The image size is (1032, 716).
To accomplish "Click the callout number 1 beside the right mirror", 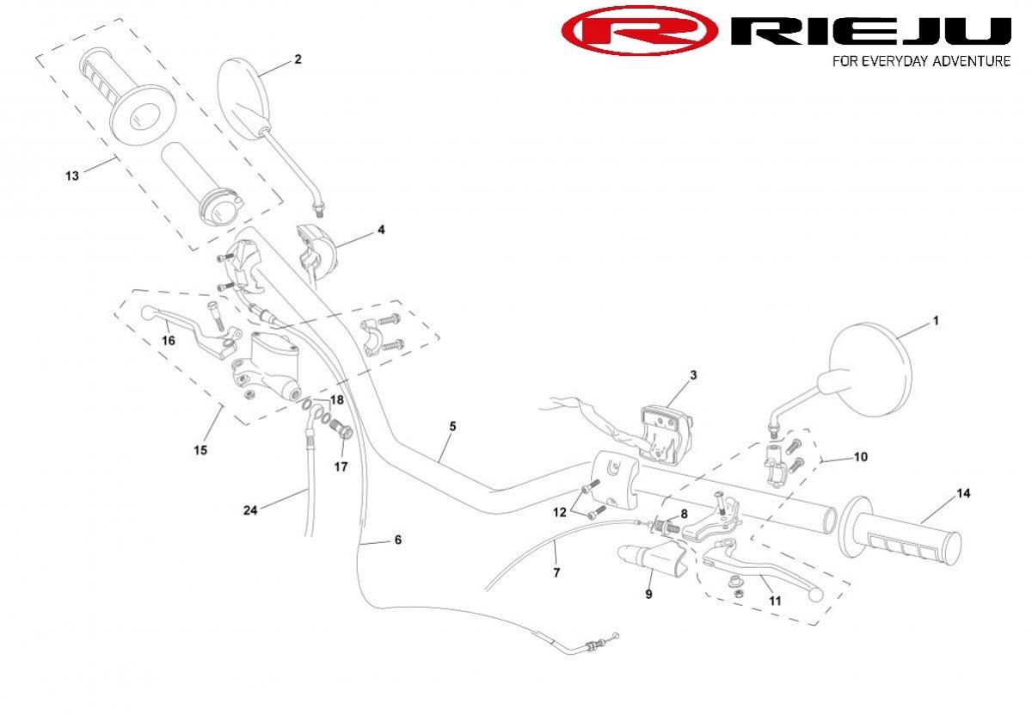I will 936,321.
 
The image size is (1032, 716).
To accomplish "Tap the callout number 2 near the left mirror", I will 298,59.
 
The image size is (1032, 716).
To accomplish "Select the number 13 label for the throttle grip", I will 71,176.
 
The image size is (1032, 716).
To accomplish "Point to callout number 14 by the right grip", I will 963,493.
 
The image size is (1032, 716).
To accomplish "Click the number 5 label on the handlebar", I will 452,426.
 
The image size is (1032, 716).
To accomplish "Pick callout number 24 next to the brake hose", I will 250,509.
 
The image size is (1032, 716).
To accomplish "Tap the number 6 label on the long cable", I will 397,540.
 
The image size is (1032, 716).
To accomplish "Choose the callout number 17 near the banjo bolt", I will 341,467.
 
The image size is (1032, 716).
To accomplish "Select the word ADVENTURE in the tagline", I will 969,61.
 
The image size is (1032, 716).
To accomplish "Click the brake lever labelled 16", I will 185,325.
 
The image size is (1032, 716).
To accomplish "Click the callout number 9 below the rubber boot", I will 648,594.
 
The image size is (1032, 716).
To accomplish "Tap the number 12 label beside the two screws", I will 560,512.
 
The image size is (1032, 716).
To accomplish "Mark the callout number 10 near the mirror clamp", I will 860,457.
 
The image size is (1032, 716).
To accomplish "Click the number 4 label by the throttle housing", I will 380,230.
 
